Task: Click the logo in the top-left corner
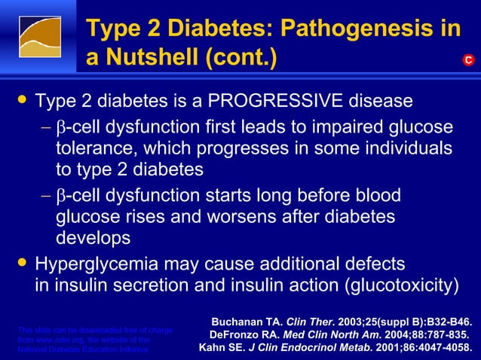pos(40,39)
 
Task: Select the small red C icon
pos(468,59)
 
